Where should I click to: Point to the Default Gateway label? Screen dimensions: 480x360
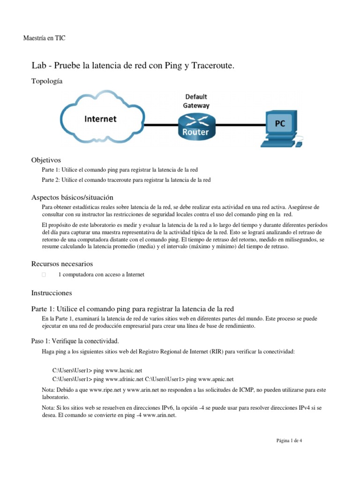[196, 101]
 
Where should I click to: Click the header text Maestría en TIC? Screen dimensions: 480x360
[44, 38]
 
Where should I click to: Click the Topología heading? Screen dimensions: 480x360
[47, 81]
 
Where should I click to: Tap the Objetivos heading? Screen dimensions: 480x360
[46, 160]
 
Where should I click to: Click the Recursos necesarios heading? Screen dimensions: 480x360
[62, 264]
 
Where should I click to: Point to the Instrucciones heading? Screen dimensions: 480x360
[52, 293]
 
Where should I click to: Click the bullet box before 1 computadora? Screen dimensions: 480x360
[44, 275]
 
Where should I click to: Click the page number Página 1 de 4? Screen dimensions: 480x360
[289, 440]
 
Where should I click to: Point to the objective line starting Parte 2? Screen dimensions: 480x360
[126, 180]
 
